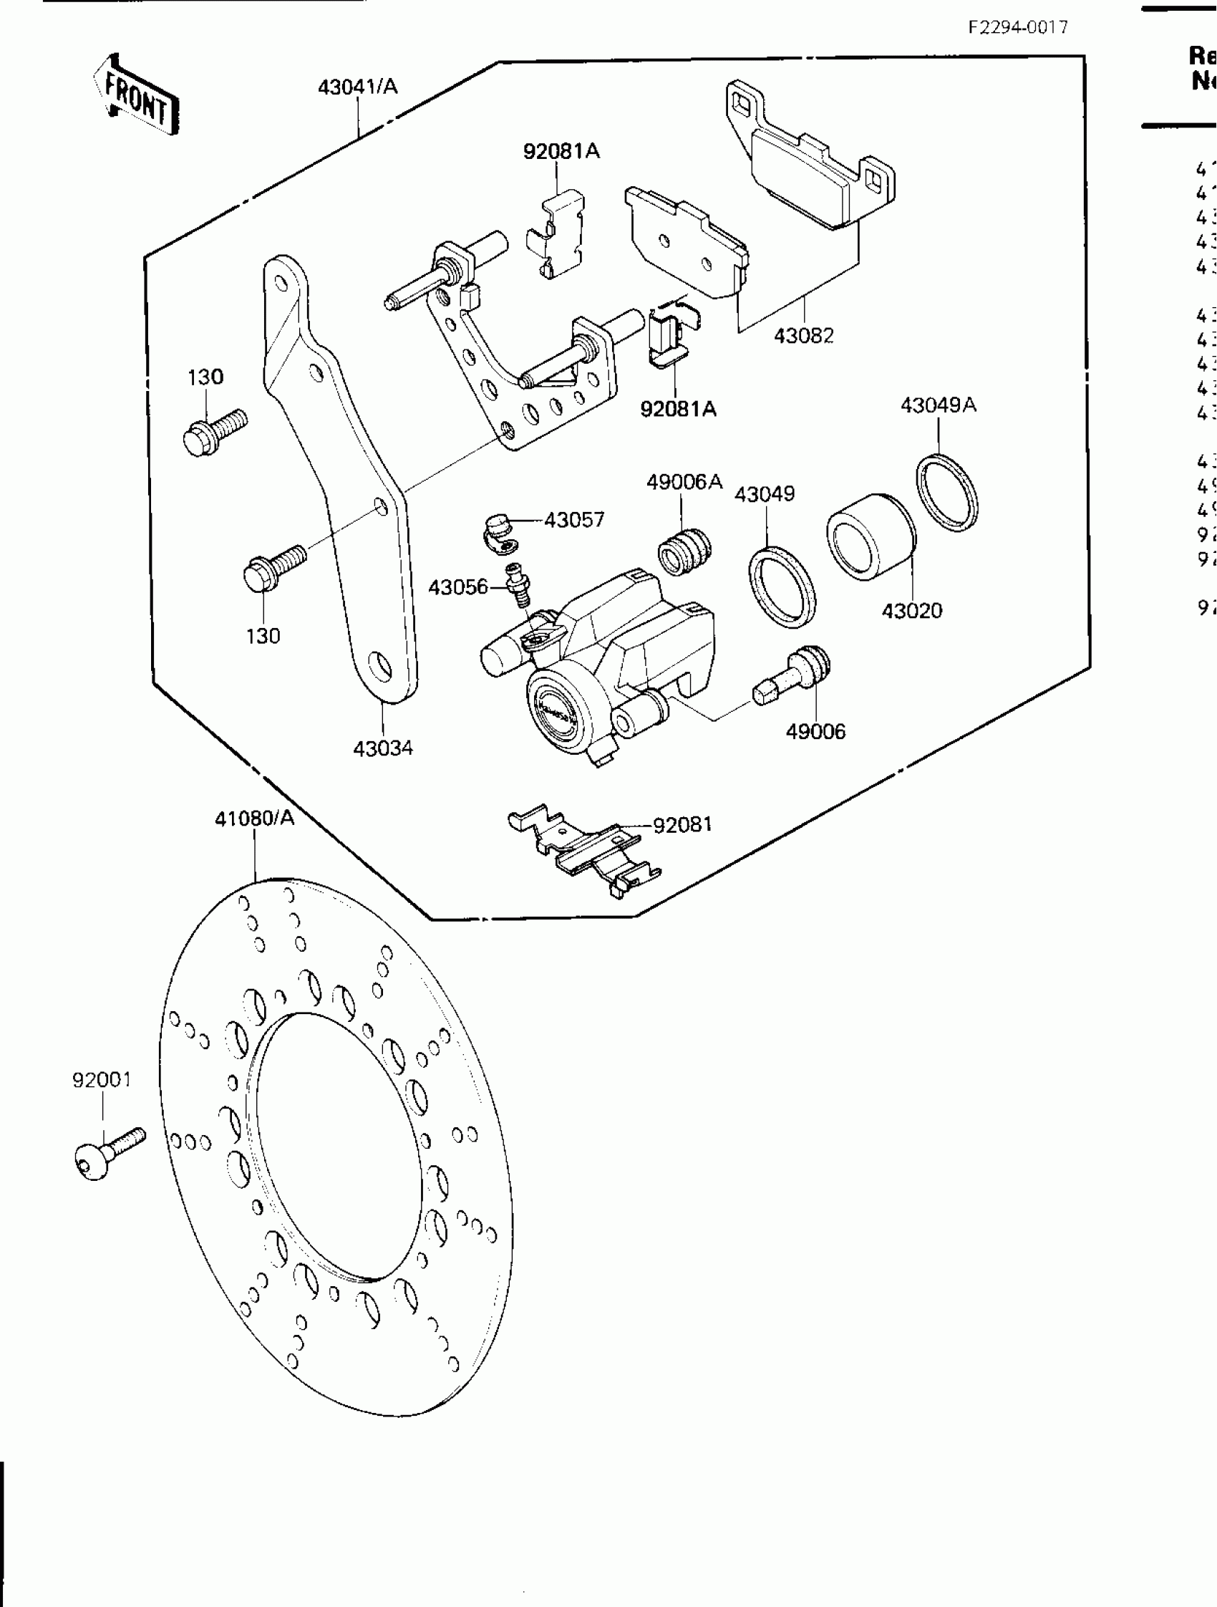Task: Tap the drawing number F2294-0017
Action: pos(1018,28)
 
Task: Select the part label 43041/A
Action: pos(358,87)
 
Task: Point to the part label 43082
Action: pos(803,336)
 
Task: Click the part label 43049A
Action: pos(939,405)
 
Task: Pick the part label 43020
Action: pos(911,611)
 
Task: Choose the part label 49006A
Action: pos(684,482)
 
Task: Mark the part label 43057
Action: pos(573,520)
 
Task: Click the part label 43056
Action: pos(457,587)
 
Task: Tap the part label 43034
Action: pos(383,748)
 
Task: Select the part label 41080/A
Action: pos(254,819)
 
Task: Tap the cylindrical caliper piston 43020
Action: pos(871,538)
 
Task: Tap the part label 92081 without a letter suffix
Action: pos(682,824)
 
